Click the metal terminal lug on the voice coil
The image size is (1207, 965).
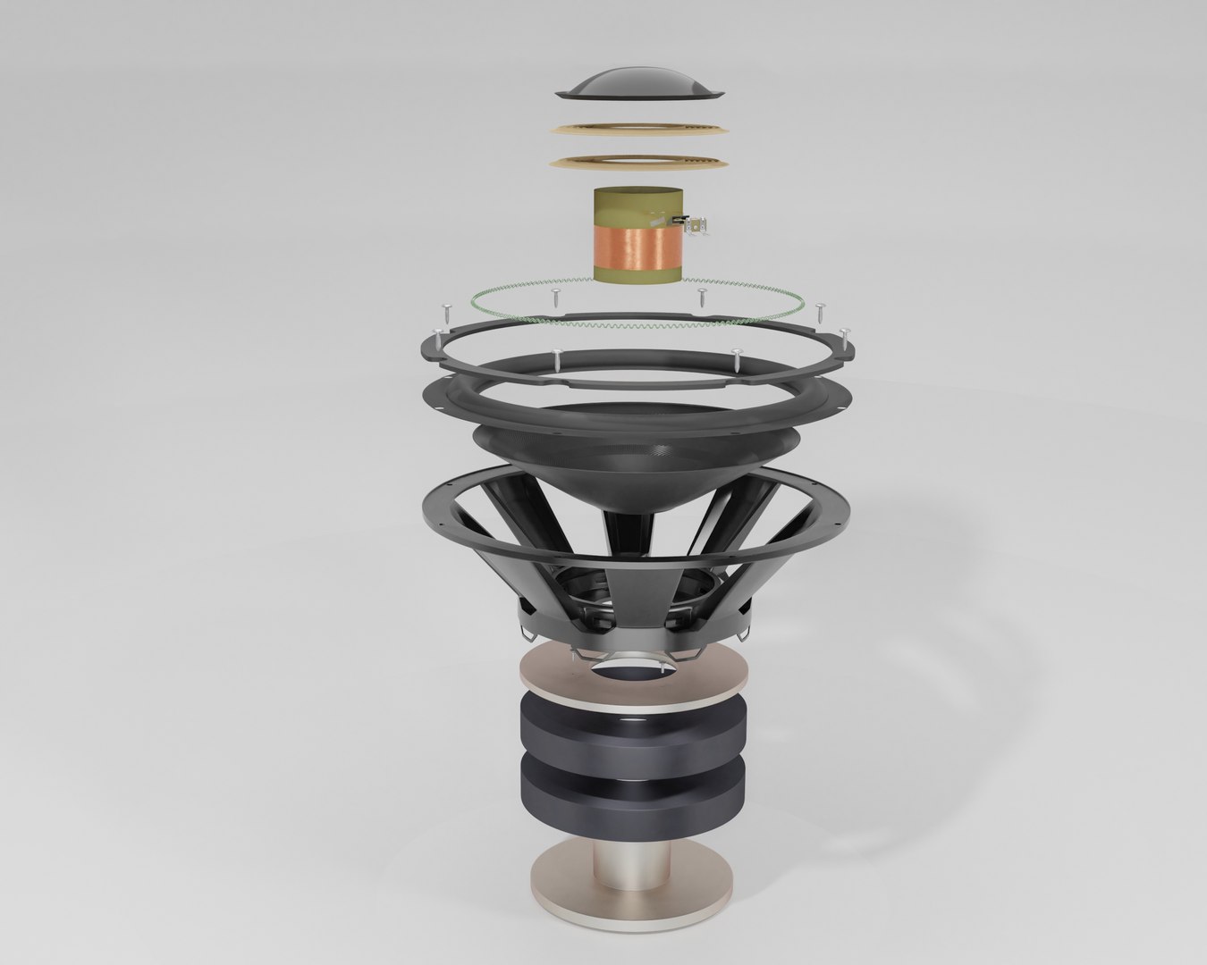(x=700, y=226)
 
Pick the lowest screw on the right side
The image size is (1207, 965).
(x=736, y=358)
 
